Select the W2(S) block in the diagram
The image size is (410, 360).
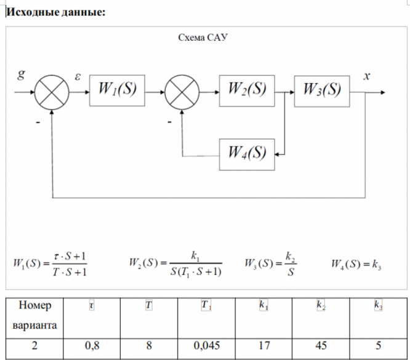tap(247, 89)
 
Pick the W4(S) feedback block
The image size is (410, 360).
tap(247, 153)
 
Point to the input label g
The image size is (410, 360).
tap(22, 76)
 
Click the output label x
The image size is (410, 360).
tap(367, 76)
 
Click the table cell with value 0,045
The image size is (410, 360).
tap(206, 346)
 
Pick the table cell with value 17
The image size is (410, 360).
tap(264, 346)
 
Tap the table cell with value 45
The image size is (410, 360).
tap(320, 346)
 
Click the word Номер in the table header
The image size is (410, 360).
tap(35, 305)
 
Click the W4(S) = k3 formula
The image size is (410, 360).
tap(356, 265)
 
